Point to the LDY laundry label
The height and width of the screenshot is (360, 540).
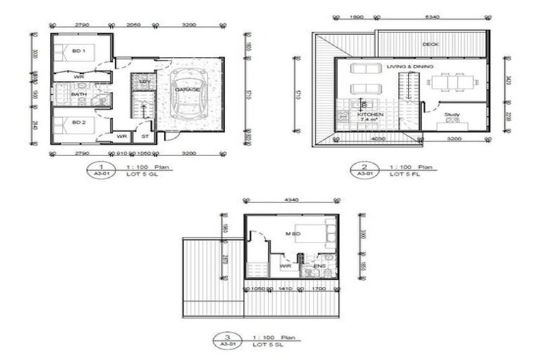(x=144, y=82)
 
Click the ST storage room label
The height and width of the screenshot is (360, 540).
(x=145, y=136)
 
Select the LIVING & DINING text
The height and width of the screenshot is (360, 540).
(x=410, y=66)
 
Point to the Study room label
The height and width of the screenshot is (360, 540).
(x=451, y=114)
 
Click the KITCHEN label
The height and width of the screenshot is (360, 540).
(x=370, y=114)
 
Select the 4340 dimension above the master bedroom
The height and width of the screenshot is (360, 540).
(x=291, y=200)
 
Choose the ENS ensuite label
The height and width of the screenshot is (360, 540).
(x=319, y=266)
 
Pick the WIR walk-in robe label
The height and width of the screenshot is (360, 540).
(x=285, y=266)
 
